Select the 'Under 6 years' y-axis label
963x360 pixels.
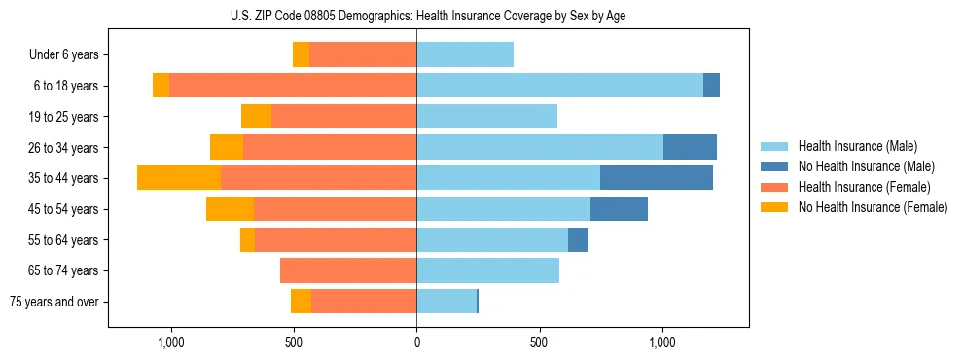64,54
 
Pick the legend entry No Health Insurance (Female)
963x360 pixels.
872,207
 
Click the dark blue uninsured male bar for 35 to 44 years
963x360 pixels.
657,178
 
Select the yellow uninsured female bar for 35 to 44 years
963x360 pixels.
179,178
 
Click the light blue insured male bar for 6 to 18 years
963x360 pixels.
559,86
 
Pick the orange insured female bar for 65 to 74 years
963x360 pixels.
348,270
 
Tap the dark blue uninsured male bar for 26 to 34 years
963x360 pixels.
690,147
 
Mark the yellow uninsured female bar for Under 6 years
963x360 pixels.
301,54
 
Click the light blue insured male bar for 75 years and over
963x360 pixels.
446,302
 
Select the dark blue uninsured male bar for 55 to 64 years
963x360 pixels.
578,239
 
